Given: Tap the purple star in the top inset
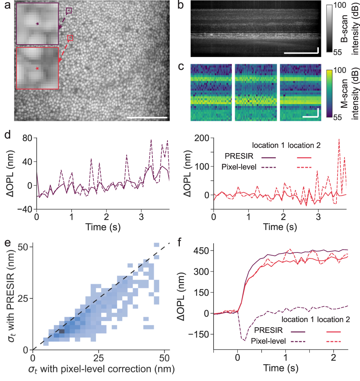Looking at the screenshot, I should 38,24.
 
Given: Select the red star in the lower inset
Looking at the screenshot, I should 37,69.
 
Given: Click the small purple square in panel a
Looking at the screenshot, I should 69,11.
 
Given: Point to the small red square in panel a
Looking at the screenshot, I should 70,38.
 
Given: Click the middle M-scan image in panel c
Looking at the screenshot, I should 256,92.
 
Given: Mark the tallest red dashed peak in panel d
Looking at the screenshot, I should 339,139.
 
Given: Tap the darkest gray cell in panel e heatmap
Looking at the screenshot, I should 62,331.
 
